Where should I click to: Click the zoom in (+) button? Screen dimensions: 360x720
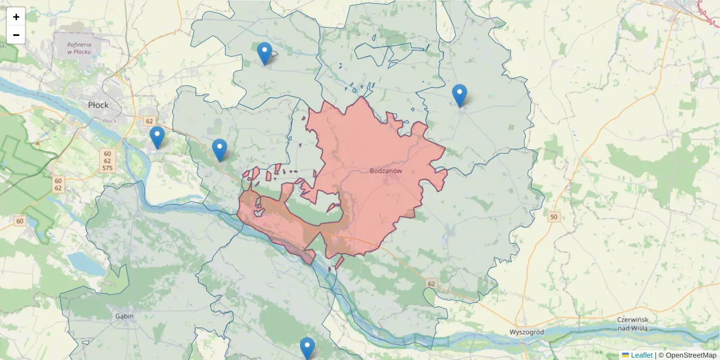point(16,17)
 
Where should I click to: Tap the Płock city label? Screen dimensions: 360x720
point(98,105)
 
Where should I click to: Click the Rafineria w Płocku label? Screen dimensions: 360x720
point(79,47)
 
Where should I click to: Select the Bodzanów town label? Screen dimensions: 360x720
point(385,170)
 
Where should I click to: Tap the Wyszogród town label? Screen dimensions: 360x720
point(526,332)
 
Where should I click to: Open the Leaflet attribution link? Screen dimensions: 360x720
point(641,355)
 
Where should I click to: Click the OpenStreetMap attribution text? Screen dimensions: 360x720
point(688,355)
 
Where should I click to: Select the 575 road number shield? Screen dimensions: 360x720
point(107,169)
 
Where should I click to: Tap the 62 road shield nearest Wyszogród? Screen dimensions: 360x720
point(431,282)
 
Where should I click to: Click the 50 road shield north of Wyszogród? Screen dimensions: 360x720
point(553,217)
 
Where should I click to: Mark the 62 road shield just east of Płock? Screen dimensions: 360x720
point(149,121)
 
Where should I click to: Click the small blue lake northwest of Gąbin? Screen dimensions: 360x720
point(80,262)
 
